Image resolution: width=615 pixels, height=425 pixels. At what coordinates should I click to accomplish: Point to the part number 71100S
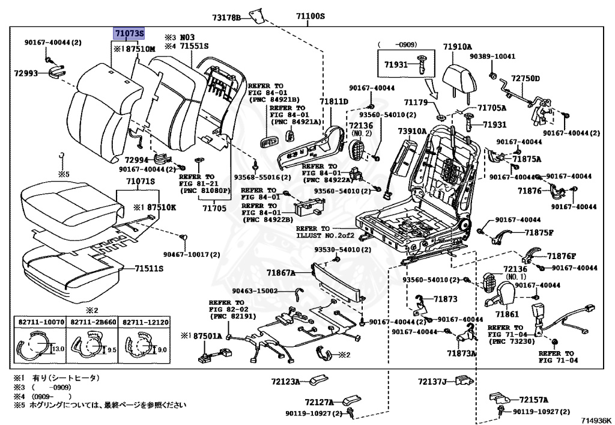(310, 16)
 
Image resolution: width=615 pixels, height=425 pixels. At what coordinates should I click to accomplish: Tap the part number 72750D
(526, 79)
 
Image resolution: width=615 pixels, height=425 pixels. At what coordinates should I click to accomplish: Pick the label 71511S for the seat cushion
(149, 268)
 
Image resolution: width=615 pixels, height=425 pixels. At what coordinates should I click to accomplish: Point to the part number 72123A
(285, 381)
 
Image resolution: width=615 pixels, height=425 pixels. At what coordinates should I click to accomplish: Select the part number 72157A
(534, 400)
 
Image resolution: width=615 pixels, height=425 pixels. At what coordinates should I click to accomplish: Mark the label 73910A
(412, 131)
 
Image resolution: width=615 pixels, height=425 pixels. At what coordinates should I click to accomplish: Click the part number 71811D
(333, 102)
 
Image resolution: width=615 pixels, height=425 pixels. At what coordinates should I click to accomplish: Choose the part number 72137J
(433, 381)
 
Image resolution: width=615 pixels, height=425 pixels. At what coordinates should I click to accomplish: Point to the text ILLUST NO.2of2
(324, 235)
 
